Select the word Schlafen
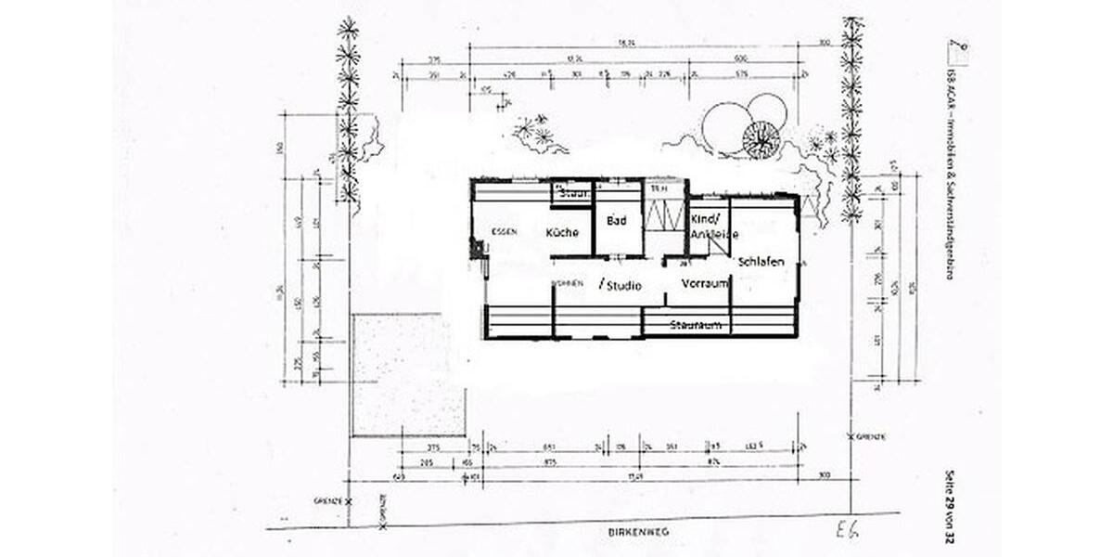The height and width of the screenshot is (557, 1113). (761, 261)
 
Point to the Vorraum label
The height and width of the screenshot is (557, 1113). (705, 283)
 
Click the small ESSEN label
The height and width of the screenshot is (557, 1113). (505, 231)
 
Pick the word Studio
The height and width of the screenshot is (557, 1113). (622, 286)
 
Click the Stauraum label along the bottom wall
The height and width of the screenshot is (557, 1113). (697, 325)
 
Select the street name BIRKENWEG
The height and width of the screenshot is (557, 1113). (638, 532)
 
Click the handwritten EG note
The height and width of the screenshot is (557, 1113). (843, 530)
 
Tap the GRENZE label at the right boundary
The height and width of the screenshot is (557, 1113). (871, 435)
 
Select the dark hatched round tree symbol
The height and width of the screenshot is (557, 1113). (761, 139)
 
